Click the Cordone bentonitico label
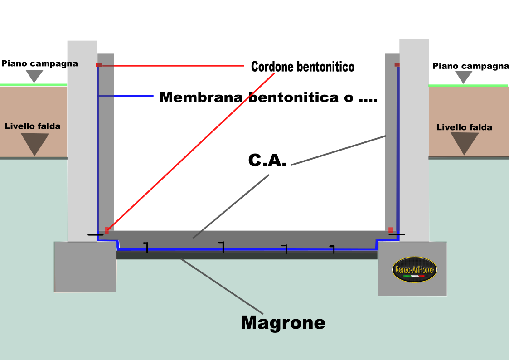[302, 67]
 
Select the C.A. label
[267, 160]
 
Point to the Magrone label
[283, 322]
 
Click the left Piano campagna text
[39, 63]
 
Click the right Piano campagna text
[470, 66]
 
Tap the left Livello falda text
[33, 126]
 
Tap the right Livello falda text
[464, 127]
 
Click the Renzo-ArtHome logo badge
[415, 269]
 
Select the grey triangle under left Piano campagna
[34, 75]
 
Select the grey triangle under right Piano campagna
[464, 76]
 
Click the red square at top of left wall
[99, 65]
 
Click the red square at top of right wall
[397, 64]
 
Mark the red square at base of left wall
[107, 230]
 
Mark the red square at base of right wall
[391, 230]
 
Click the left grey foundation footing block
[85, 267]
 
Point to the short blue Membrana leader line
[126, 96]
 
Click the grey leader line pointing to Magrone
[222, 286]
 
